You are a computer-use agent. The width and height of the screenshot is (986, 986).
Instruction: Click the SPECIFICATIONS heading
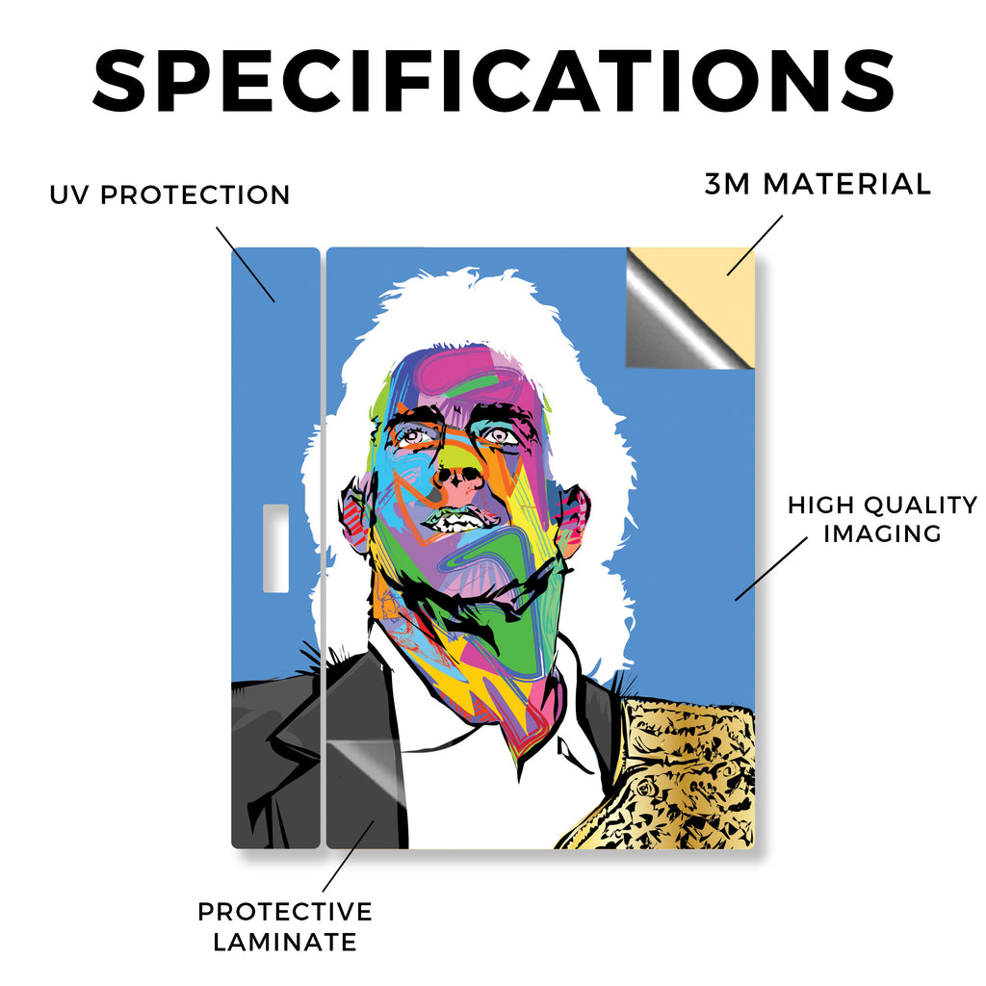coord(493,81)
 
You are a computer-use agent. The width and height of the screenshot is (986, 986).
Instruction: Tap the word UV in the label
coord(69,195)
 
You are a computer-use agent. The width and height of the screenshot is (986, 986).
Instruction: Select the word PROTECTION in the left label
coord(195,195)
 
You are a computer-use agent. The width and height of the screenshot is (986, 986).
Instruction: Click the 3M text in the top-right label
coord(727,184)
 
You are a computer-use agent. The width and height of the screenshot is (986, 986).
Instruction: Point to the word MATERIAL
coord(846,184)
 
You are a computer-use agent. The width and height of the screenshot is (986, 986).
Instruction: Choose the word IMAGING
coord(882,533)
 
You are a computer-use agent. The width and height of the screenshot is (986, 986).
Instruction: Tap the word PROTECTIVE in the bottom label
coord(285,912)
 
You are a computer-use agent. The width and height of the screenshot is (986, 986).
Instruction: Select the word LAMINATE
coord(285,942)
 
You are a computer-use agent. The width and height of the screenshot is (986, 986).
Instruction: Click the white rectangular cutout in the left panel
coord(275,548)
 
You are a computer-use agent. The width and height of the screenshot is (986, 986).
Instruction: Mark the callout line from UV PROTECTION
coord(246,265)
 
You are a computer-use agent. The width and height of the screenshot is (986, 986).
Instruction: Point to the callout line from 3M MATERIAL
coord(755,246)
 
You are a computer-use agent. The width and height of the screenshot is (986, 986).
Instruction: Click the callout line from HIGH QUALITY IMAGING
coord(771,568)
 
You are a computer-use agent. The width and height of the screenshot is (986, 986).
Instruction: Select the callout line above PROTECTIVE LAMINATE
coord(348,856)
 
